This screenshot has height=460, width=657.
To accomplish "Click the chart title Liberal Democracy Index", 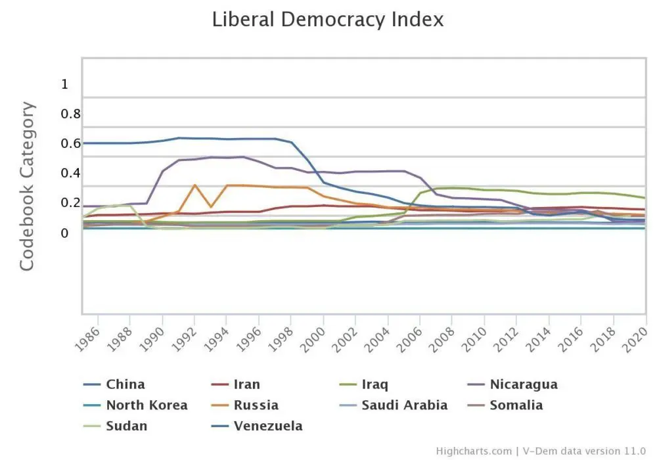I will (x=328, y=20).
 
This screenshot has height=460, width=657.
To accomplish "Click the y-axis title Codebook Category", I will (x=27, y=186).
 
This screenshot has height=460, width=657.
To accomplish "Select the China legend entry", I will (x=125, y=384).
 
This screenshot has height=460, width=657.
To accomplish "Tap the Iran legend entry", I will (x=246, y=384).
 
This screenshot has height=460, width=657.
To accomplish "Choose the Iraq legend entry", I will (x=374, y=384).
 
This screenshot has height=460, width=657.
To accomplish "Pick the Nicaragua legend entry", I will (x=523, y=384).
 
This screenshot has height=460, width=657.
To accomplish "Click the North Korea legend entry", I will (x=147, y=405).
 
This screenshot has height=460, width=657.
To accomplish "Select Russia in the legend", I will (x=256, y=405).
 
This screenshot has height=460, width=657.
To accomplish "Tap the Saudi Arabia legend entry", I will (x=404, y=405).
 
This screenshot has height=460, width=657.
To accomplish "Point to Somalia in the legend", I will (x=516, y=405).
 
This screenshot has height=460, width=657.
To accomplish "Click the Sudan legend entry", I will (x=126, y=426).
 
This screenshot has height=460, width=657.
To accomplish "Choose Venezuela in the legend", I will (x=268, y=426).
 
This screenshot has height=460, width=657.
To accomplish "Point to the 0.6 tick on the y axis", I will (x=70, y=143).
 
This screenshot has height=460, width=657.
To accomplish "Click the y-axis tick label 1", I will (x=64, y=84).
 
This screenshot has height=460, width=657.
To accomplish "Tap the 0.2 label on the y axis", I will (x=70, y=202).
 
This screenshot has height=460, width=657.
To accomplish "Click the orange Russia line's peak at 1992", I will (x=194, y=185).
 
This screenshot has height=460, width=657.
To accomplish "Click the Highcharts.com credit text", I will (x=473, y=451).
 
